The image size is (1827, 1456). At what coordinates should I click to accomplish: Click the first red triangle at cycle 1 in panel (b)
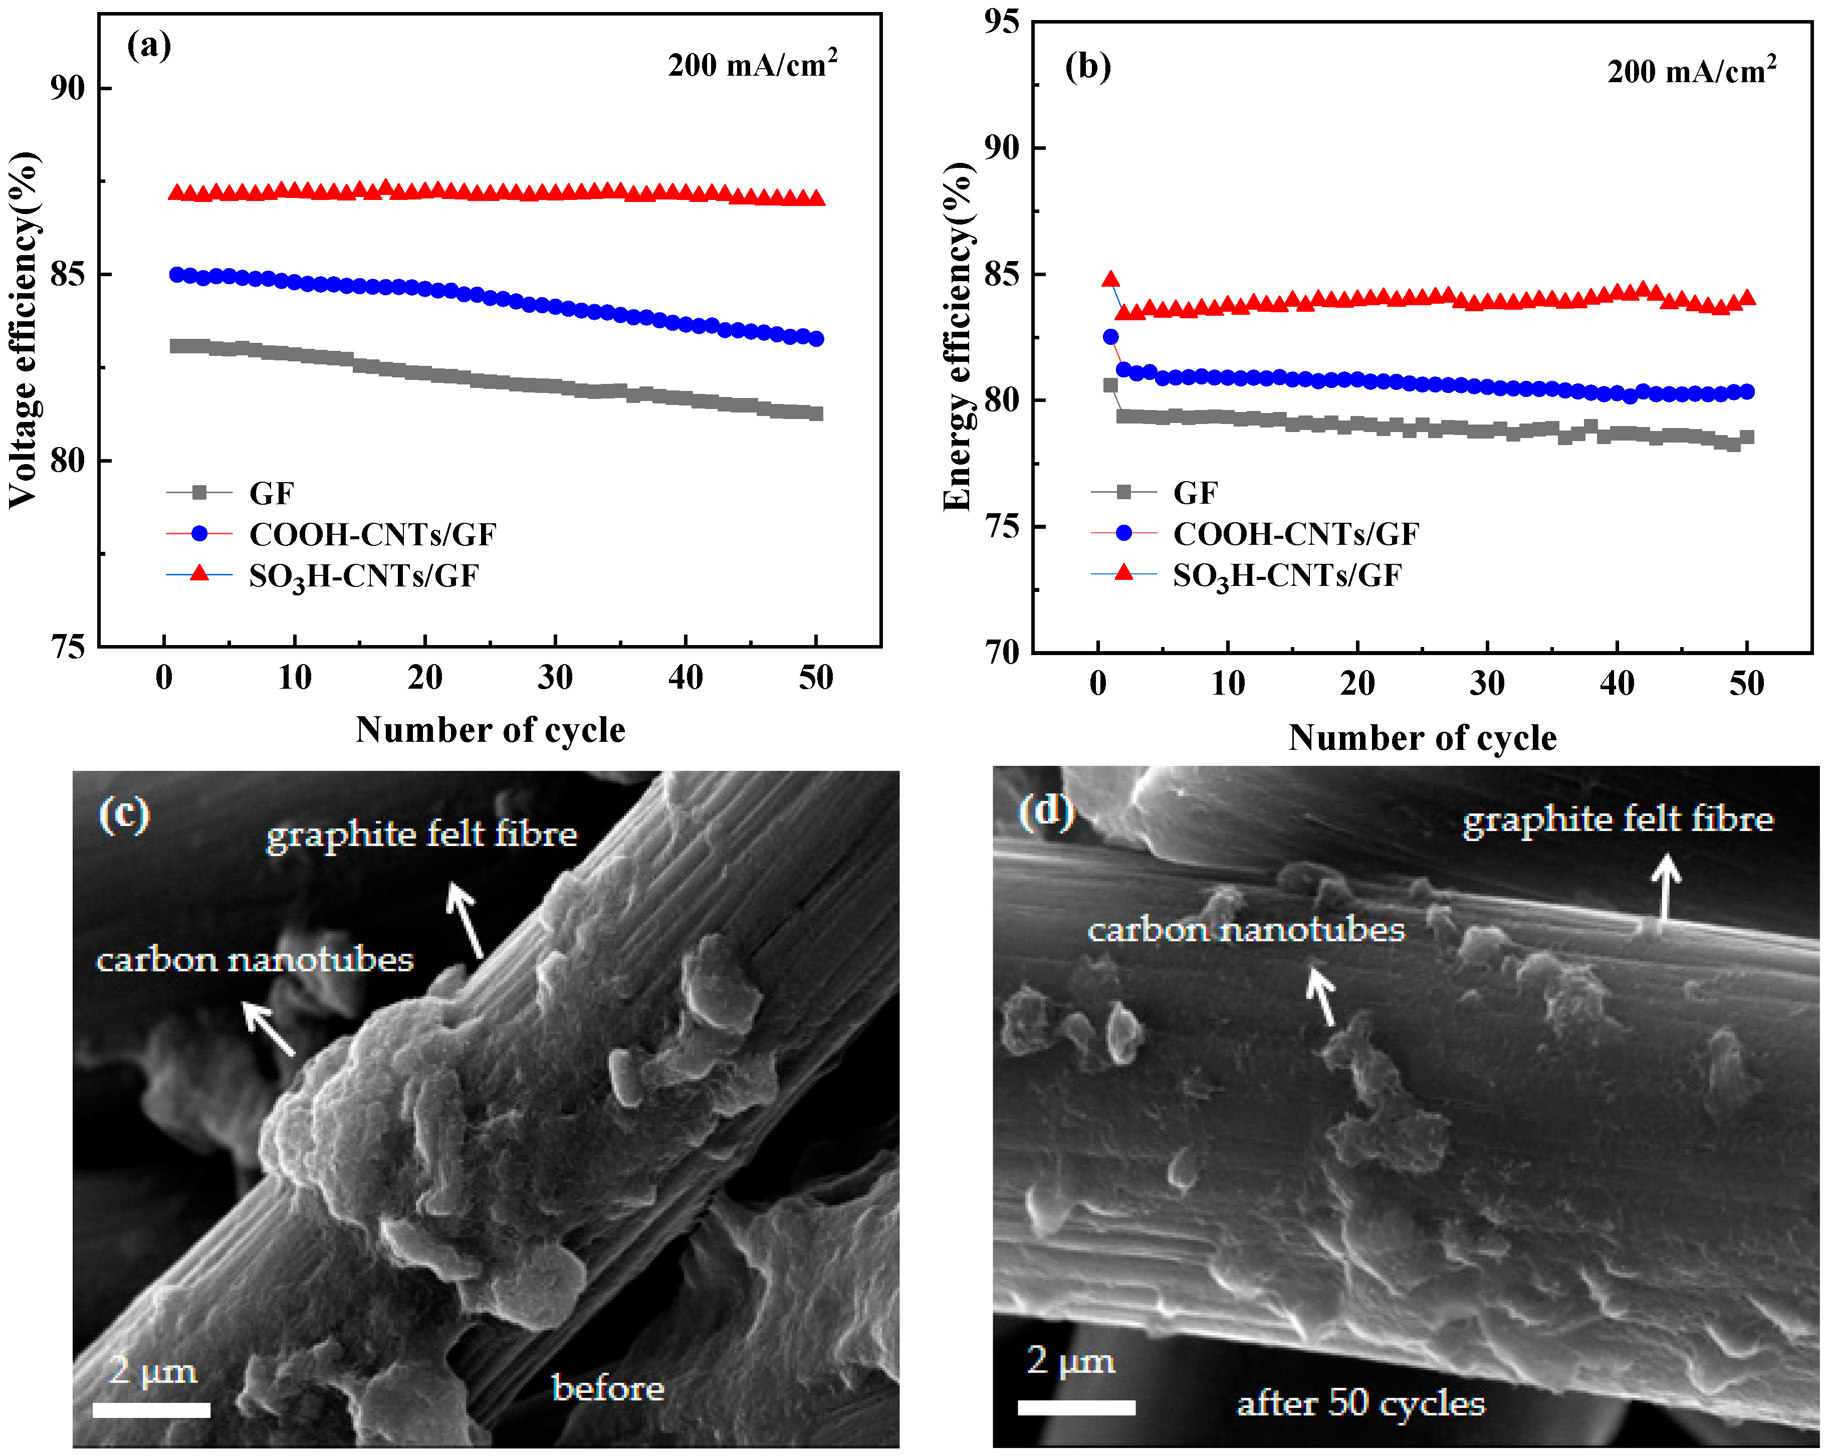1110,280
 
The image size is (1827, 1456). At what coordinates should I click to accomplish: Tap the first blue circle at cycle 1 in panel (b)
1110,337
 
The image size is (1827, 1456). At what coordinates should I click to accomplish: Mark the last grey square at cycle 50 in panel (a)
816,413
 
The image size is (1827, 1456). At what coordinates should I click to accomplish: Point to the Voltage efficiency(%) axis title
24,330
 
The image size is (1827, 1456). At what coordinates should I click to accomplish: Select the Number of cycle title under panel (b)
1422,737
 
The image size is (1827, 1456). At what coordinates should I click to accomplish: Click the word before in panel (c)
608,1388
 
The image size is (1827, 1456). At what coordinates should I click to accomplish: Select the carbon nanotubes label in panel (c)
254,960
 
